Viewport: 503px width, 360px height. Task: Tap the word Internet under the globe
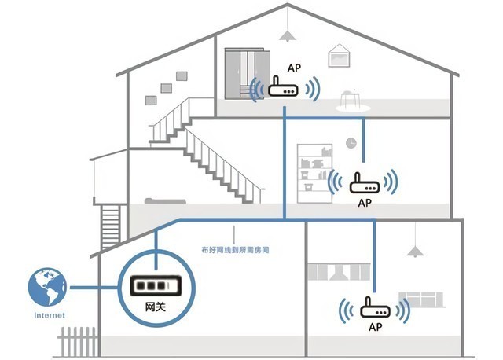click(49, 315)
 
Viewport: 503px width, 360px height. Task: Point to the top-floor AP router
click(284, 89)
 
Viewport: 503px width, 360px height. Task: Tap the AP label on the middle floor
click(364, 203)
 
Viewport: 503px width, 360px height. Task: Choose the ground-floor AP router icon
click(373, 308)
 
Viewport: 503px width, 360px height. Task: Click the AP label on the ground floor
click(375, 326)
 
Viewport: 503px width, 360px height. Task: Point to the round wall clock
click(351, 142)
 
